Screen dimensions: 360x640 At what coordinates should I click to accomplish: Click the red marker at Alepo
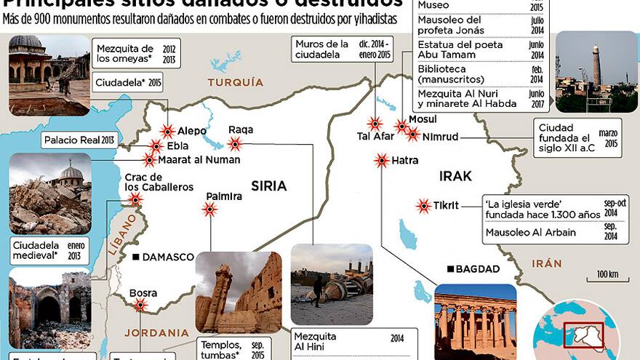(168, 132)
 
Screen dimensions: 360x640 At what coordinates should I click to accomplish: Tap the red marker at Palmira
(210, 209)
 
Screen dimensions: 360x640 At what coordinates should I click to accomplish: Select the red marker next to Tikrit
(423, 206)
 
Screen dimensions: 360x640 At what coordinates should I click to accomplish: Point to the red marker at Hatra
(381, 161)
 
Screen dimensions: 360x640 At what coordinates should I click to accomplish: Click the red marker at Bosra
(140, 305)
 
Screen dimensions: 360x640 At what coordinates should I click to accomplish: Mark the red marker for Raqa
(235, 143)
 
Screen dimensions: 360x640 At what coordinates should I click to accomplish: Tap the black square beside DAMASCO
(135, 257)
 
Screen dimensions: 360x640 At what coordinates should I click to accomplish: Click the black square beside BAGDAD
(450, 269)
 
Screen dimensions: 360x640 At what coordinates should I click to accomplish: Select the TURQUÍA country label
(236, 83)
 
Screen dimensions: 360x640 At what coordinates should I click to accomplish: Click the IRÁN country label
(546, 263)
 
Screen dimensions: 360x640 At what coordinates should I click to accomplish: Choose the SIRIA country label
(268, 186)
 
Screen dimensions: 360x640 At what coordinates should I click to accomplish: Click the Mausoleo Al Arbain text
(520, 233)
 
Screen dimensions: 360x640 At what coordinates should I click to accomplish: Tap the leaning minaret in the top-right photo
(596, 65)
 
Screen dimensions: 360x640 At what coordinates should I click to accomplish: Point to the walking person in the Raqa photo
(317, 289)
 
